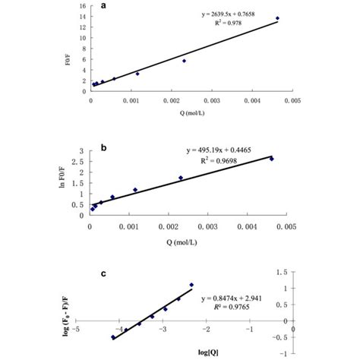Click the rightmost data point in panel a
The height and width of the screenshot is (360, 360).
click(x=277, y=18)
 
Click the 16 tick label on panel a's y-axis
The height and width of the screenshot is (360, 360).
click(x=81, y=7)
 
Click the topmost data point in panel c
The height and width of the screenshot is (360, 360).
click(x=191, y=285)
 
